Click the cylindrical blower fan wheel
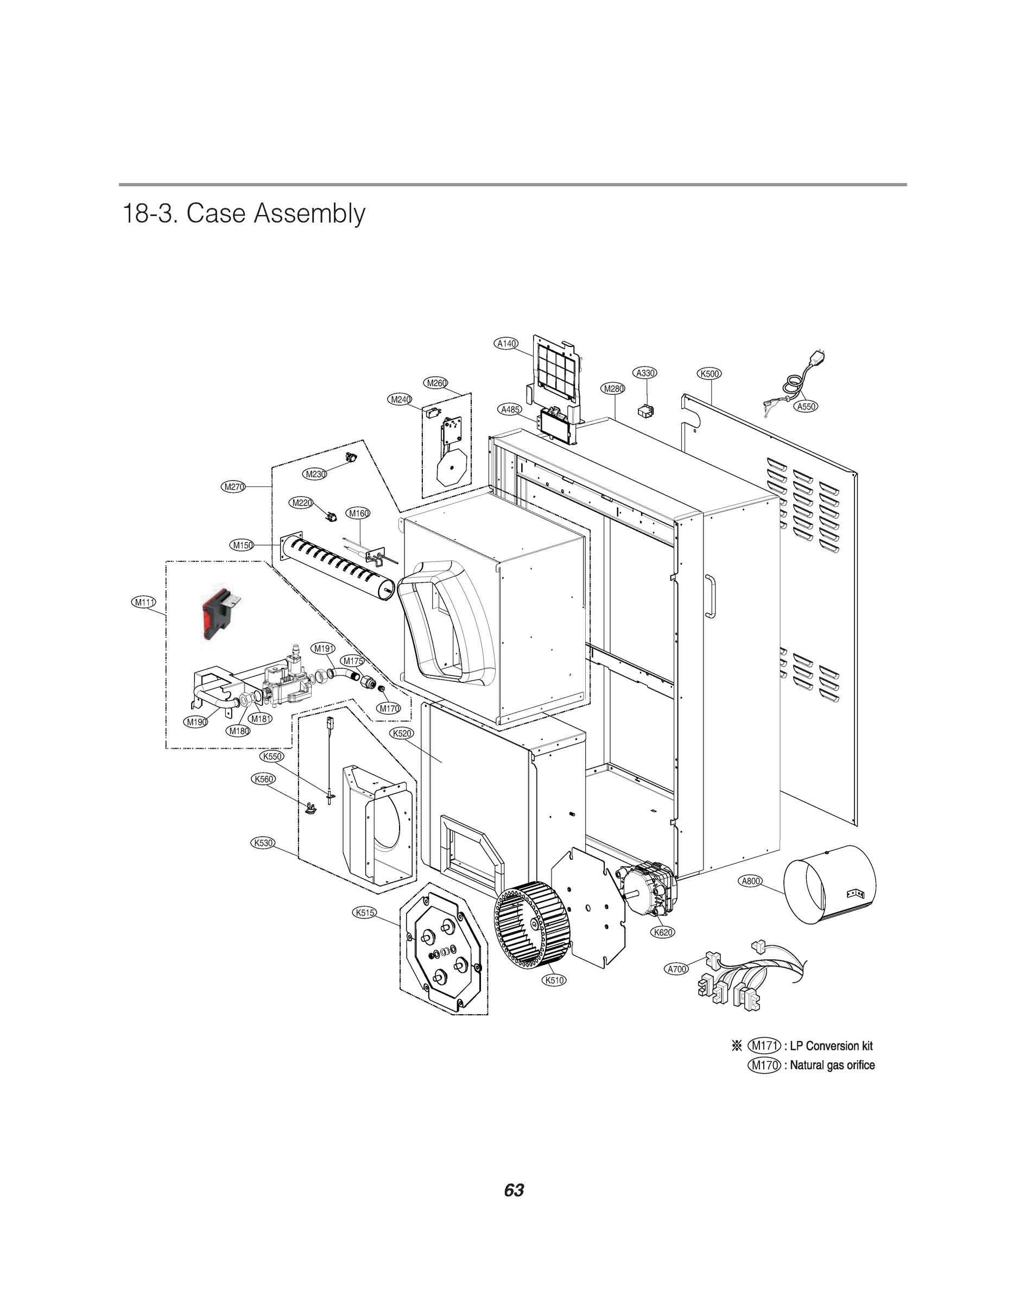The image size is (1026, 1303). tap(523, 926)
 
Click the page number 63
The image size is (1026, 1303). tap(514, 1191)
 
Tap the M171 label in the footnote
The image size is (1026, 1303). tap(765, 1045)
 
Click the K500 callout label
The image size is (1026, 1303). tap(710, 373)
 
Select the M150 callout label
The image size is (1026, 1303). tap(242, 545)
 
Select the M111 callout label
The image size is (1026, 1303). tap(143, 602)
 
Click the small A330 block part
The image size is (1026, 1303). tap(646, 411)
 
